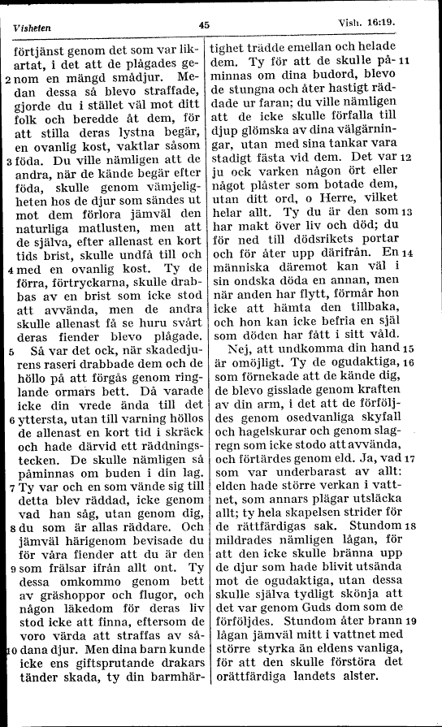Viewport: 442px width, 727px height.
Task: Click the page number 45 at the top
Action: click(204, 24)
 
